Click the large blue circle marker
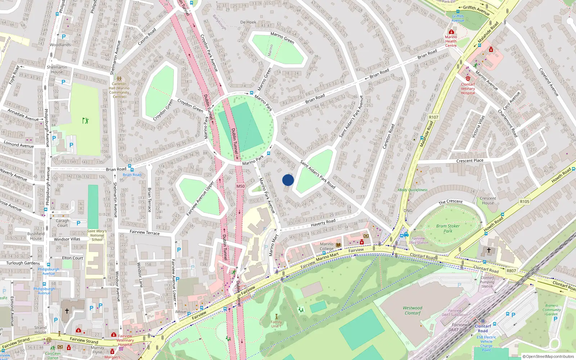[x=288, y=180]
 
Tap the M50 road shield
[x=240, y=186]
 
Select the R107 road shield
[x=433, y=117]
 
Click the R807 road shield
[x=511, y=271]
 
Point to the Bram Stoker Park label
[x=448, y=229]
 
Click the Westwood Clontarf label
[x=413, y=310]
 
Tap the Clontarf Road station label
[x=483, y=328]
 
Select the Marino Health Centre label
[x=451, y=41]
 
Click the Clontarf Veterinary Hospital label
[x=468, y=89]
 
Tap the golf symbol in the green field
[x=85, y=121]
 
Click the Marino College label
[x=327, y=246]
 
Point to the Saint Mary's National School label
[x=97, y=235]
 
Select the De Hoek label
[x=248, y=22]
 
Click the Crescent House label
[x=488, y=201]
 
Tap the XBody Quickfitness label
[x=413, y=190]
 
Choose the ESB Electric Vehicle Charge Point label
[x=486, y=343]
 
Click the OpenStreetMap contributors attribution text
[x=548, y=356]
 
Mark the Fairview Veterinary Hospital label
[x=125, y=340]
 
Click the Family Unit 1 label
[x=276, y=324]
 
